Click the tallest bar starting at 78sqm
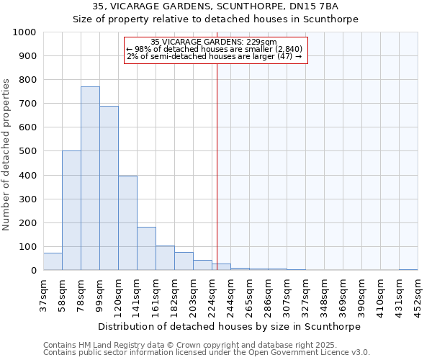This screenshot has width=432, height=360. pos(90,179)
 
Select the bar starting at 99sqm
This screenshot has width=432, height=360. pos(109,189)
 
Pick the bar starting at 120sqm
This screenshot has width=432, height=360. pos(127,223)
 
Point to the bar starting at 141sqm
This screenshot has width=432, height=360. pos(146,248)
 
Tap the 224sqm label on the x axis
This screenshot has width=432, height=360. pos(212,294)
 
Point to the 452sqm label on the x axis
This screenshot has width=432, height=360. pos(418,294)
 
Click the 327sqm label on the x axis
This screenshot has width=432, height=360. pos(305,294)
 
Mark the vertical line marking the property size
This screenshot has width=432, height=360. pos(217,166)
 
